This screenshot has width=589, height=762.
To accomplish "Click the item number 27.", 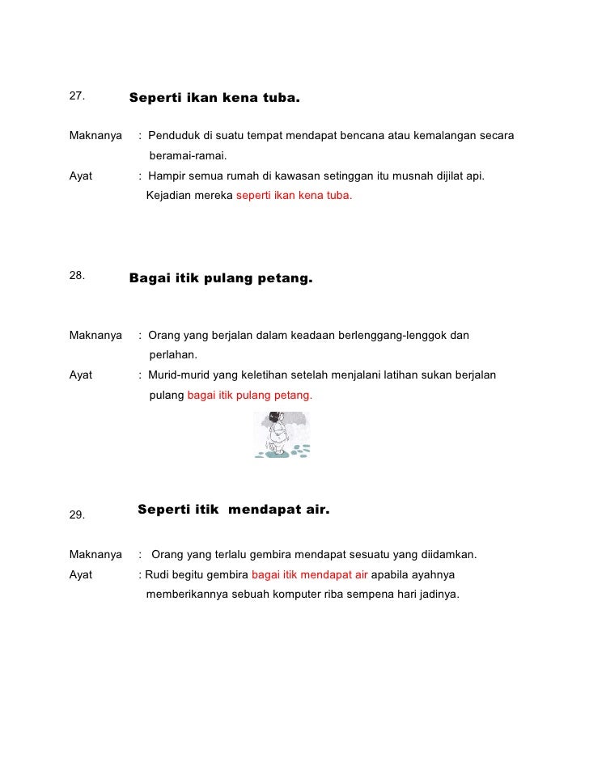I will (x=77, y=96).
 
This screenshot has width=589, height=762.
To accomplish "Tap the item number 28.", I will (x=77, y=275).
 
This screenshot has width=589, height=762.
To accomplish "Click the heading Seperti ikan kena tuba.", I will (x=214, y=100).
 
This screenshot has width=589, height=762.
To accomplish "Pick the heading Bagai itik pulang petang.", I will (x=220, y=279).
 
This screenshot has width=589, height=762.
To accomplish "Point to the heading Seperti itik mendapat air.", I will (x=234, y=510).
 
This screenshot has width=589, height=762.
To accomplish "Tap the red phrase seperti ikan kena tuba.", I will (x=294, y=196).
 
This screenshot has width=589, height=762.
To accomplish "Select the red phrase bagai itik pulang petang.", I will (x=249, y=396).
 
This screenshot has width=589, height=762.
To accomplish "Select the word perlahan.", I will (x=173, y=355).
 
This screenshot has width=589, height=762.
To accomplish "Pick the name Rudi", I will (x=158, y=575).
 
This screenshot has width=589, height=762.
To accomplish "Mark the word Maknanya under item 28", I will (x=95, y=335).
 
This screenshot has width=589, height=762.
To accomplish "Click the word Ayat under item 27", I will (x=81, y=175).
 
